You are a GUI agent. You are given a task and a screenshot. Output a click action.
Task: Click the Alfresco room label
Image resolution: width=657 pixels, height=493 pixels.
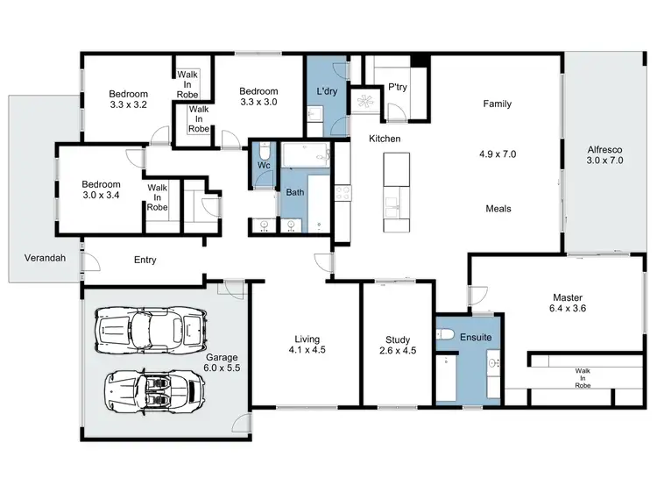[604, 148]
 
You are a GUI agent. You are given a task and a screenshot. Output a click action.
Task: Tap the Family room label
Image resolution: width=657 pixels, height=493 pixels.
[497, 104]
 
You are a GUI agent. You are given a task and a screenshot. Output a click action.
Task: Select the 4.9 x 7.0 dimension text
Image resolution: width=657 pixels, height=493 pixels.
[497, 154]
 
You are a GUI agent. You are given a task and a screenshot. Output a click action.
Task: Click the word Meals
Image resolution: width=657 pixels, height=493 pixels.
[498, 209]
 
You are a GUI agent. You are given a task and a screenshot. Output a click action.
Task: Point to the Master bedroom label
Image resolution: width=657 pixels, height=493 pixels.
[567, 297]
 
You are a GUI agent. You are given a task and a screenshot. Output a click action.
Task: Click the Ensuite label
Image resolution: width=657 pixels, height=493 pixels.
[475, 337]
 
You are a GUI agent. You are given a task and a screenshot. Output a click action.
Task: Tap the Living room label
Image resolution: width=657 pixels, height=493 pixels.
[307, 339]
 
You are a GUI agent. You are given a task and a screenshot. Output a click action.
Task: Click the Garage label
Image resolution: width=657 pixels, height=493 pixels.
[222, 357]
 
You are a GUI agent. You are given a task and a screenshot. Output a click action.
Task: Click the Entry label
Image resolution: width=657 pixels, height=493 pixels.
[145, 261]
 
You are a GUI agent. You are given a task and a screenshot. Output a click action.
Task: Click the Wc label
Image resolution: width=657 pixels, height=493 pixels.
[263, 166]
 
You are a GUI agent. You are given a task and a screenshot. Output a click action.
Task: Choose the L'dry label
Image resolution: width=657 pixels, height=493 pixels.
[327, 91]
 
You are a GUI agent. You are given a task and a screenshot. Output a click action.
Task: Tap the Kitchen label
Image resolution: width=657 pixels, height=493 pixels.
[385, 139]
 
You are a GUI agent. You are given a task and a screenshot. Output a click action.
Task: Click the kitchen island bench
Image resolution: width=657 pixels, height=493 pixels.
[396, 192]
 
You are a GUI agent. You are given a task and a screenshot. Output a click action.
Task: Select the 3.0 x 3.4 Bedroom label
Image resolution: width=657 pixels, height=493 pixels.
[101, 189]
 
